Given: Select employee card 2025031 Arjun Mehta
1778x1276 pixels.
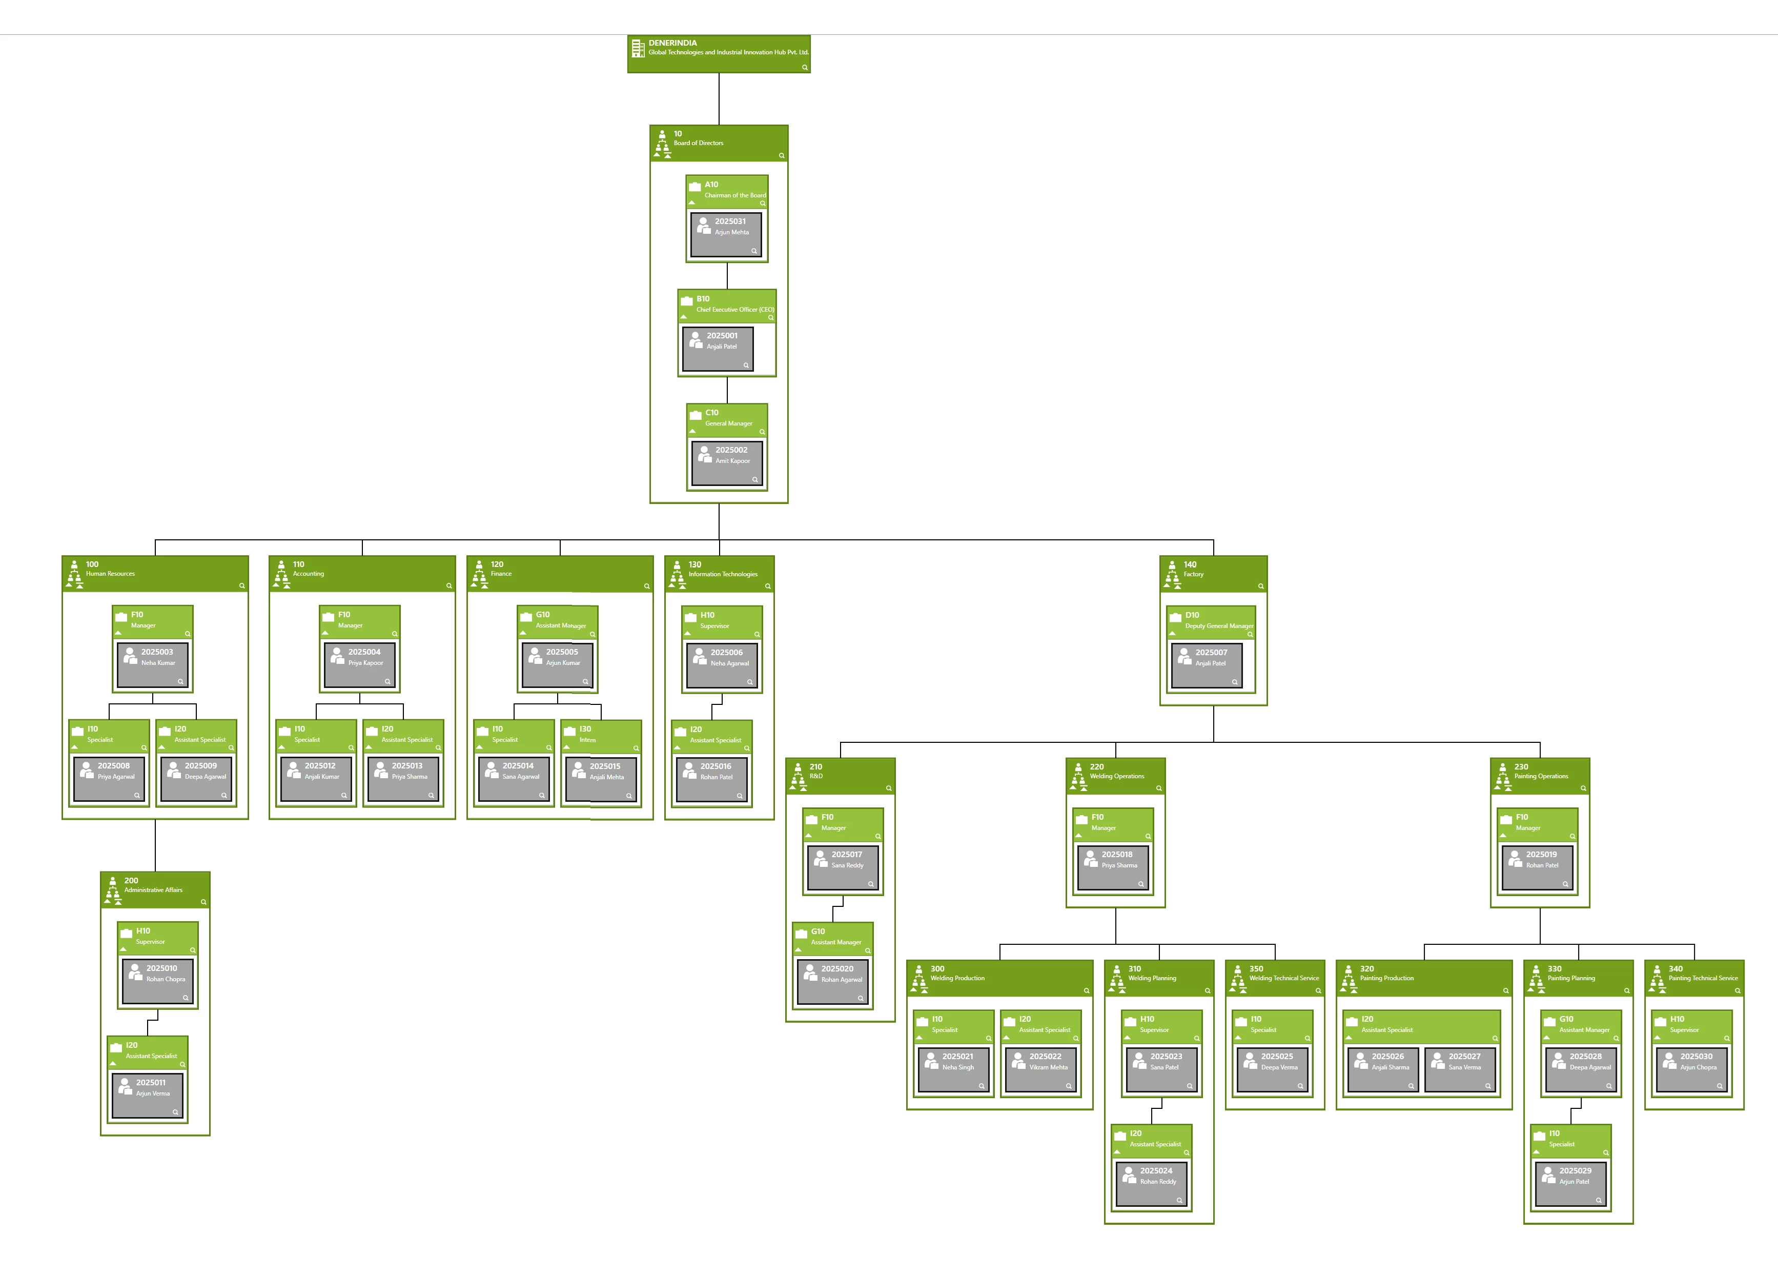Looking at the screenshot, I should pyautogui.click(x=727, y=234).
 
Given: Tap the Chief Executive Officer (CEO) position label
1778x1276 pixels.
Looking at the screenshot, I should pyautogui.click(x=734, y=310).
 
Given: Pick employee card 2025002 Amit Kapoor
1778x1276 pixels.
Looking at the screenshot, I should pyautogui.click(x=727, y=463).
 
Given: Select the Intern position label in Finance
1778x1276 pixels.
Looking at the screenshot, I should pyautogui.click(x=587, y=740).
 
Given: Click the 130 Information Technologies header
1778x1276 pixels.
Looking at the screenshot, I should pyautogui.click(x=719, y=573).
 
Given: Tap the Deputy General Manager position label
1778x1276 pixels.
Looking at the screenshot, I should pyautogui.click(x=1218, y=626).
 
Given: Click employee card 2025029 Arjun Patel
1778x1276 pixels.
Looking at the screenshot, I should pyautogui.click(x=1570, y=1183).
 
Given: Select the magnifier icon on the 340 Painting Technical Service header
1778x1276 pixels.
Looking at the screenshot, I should pyautogui.click(x=1737, y=990).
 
